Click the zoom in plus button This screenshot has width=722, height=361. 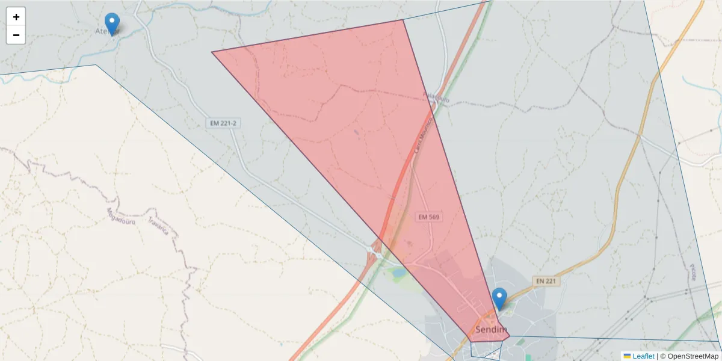click(x=16, y=17)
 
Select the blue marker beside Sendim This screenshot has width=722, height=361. click(x=499, y=298)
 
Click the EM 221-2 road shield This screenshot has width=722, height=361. click(x=223, y=123)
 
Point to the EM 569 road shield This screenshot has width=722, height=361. click(x=429, y=217)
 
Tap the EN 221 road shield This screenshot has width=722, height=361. click(x=546, y=281)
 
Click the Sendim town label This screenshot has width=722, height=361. click(x=491, y=330)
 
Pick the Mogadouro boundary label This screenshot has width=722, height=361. click(x=121, y=215)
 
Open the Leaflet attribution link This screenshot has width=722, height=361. click(x=643, y=356)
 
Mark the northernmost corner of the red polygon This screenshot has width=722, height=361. click(x=403, y=20)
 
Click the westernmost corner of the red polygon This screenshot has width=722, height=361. click(x=212, y=52)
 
